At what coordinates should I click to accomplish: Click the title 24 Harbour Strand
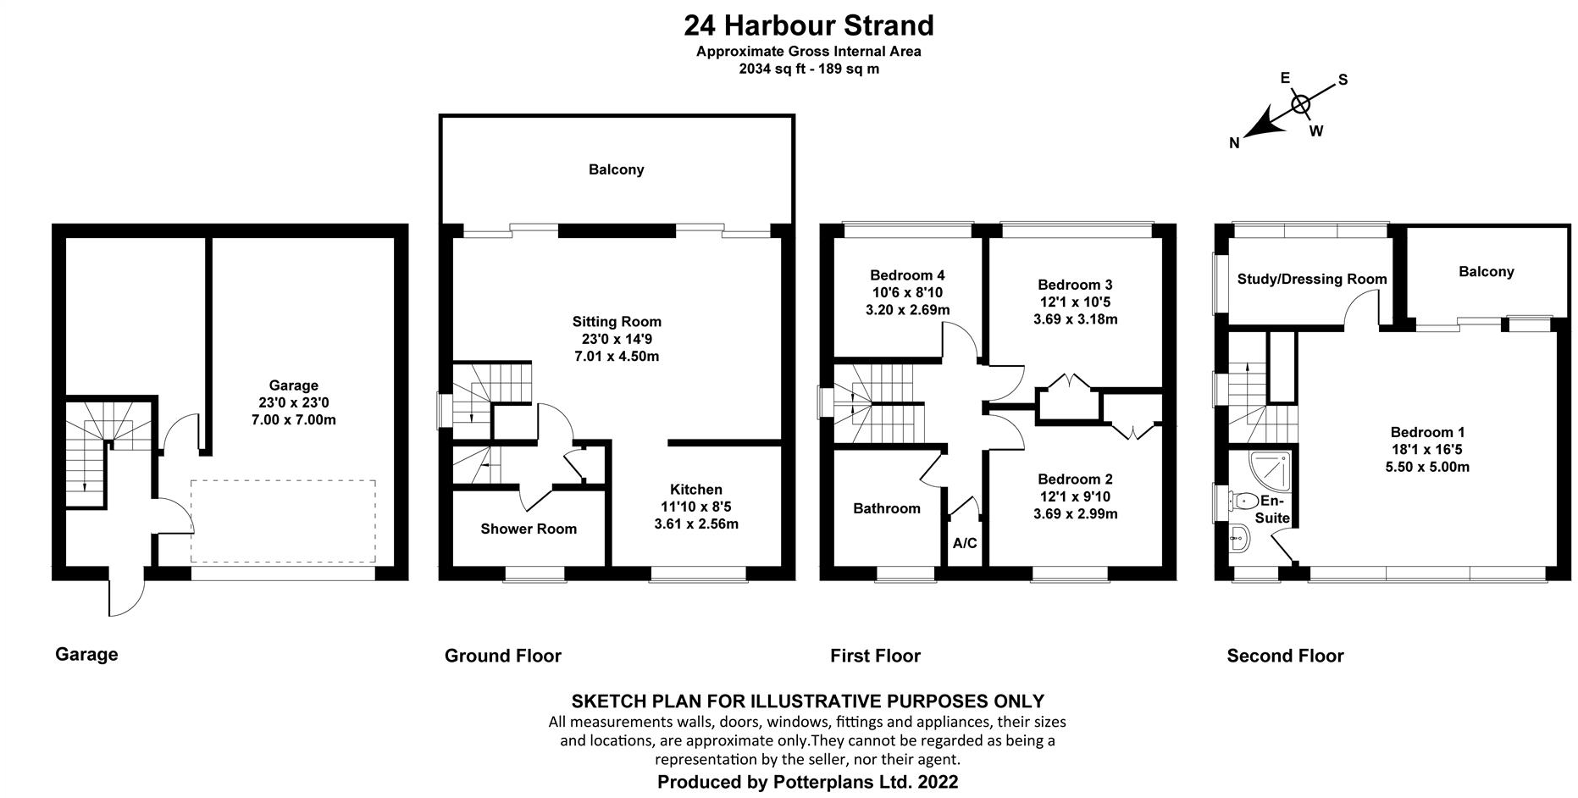click(808, 25)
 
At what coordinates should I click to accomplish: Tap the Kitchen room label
click(695, 490)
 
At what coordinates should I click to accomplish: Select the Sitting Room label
click(616, 322)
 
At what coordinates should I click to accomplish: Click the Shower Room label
click(528, 529)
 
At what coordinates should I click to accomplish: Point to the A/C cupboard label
click(965, 543)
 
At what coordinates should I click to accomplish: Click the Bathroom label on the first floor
click(886, 508)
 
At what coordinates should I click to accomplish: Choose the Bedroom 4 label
click(906, 275)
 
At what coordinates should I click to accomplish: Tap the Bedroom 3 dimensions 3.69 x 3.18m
click(1075, 319)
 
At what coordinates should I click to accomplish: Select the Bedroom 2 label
click(1075, 479)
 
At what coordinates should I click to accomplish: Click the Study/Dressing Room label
click(1311, 279)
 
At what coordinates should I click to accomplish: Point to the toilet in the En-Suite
click(1246, 500)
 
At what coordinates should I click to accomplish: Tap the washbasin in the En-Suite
click(1238, 537)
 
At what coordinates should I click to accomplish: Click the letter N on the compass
click(1234, 143)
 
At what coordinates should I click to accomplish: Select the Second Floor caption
click(1285, 656)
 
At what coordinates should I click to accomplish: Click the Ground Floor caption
click(502, 656)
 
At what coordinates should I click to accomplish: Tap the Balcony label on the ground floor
click(616, 169)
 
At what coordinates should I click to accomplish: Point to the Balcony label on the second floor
click(1486, 272)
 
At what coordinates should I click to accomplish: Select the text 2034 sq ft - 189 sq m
click(808, 69)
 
